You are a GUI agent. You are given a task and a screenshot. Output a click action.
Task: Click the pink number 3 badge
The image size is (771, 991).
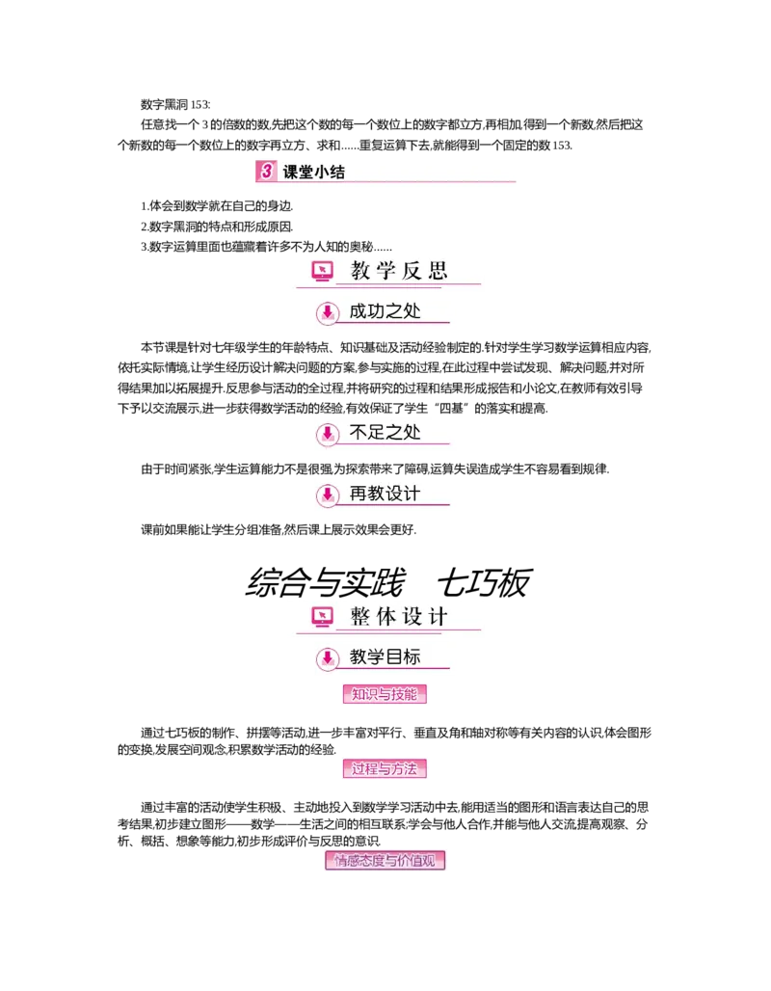point(266,173)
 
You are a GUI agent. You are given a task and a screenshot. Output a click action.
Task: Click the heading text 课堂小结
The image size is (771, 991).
point(313,174)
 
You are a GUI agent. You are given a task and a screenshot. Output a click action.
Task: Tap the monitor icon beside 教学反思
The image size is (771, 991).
point(322,271)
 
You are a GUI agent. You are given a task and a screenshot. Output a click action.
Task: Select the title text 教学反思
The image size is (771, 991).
point(399,271)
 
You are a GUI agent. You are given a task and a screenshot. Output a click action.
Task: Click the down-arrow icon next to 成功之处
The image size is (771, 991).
point(328,312)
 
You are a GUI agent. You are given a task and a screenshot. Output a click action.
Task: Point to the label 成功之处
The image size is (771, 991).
point(385,311)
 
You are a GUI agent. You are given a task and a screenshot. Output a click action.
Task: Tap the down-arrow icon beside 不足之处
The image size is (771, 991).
point(328,435)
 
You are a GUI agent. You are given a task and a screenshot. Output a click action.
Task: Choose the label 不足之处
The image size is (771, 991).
point(385,433)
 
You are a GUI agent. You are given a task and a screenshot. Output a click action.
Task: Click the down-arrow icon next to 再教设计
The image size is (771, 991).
point(328,495)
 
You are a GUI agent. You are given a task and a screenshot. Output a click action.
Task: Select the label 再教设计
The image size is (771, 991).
point(385,494)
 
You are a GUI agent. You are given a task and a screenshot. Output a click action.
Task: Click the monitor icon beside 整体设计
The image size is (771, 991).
point(322,617)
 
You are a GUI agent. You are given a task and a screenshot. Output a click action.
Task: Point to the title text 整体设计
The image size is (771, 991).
point(399,617)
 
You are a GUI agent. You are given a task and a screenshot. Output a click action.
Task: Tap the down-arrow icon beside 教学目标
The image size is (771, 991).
point(328,659)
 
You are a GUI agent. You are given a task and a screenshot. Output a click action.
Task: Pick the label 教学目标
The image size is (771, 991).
point(385,657)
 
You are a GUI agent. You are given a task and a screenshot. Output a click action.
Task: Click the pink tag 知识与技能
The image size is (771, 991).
point(385,694)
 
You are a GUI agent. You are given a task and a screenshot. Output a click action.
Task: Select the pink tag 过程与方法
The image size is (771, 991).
point(385,769)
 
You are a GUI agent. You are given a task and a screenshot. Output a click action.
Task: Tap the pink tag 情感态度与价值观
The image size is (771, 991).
point(388,860)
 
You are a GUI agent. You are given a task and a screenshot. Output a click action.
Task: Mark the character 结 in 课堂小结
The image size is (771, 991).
point(336,174)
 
